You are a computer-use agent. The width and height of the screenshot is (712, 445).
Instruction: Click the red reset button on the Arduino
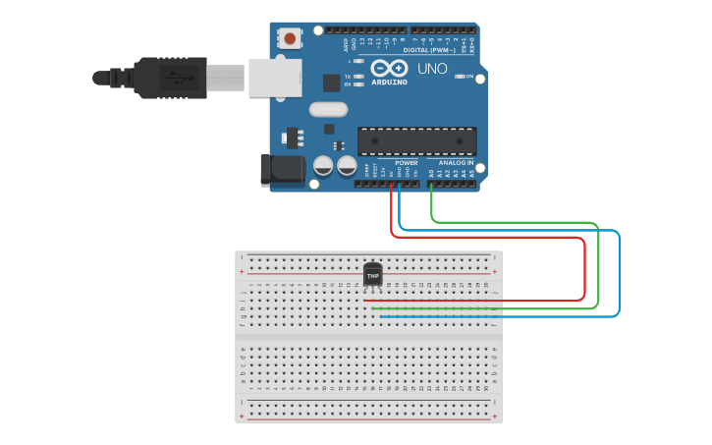click(x=290, y=38)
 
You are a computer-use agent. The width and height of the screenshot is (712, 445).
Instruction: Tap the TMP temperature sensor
click(x=372, y=276)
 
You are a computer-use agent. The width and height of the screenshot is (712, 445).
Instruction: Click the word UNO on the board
click(x=432, y=69)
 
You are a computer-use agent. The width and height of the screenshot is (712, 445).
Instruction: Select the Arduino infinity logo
click(x=390, y=69)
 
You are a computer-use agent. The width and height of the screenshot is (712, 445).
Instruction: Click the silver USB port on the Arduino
click(x=272, y=78)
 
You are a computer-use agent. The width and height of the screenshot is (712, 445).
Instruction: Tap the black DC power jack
click(x=282, y=170)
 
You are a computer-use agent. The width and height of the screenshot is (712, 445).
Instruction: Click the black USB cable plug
click(x=171, y=77)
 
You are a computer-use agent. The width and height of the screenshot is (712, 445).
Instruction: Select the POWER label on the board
click(x=407, y=163)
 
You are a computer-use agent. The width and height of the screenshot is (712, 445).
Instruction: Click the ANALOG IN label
click(x=456, y=163)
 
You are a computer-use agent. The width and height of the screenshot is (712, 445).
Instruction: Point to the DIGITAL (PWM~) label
click(x=429, y=49)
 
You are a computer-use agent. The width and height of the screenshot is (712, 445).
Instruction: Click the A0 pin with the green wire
click(x=431, y=183)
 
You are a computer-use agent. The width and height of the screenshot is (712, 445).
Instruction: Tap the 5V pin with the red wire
click(x=391, y=183)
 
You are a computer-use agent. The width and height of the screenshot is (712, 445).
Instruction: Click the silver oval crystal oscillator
click(x=329, y=110)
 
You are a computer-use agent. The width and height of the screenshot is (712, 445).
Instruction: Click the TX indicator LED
click(x=358, y=76)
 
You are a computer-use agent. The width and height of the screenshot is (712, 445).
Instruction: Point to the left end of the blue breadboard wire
click(x=381, y=316)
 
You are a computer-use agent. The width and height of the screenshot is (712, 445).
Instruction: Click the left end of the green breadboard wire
click(x=374, y=308)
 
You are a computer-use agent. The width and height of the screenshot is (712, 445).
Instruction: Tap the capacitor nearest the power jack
click(x=322, y=166)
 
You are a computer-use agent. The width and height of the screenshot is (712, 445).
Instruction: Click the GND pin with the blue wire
click(x=400, y=183)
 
